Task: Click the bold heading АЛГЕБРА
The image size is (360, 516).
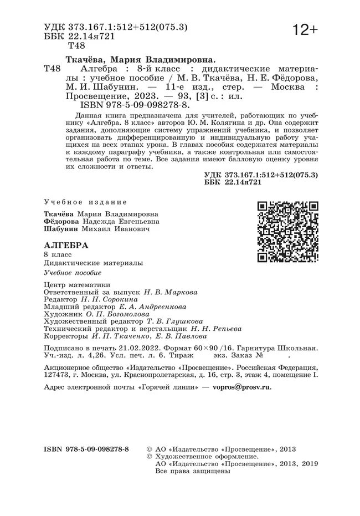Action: (x=65, y=244)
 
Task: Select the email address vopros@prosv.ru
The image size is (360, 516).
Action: (x=242, y=388)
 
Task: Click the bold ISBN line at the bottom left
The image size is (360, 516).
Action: (x=85, y=448)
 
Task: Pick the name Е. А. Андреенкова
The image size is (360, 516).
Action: (x=152, y=306)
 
